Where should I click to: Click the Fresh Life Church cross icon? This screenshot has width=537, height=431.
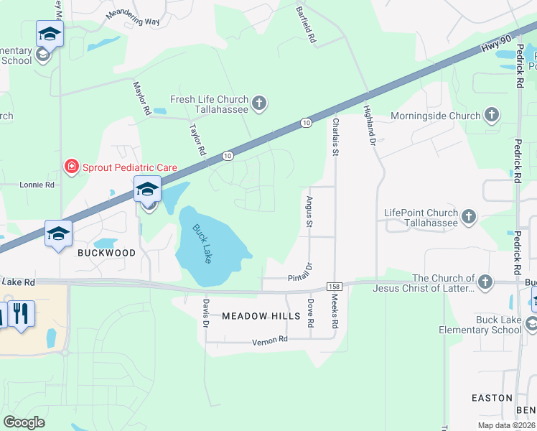pos(259,104)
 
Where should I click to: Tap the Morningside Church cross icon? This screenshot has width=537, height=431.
pos(492,115)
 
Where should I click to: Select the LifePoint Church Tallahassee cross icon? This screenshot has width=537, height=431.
pos(469,216)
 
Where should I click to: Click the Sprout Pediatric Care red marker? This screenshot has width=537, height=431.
pos(72,167)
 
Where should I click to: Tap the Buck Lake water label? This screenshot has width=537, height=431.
pos(202,244)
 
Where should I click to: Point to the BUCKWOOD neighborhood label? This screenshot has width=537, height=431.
pos(106,253)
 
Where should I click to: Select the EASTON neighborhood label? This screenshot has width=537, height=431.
pos(492,397)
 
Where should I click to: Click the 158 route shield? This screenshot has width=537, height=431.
pos(334,287)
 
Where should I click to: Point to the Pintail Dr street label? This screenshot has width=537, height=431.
pos(302,272)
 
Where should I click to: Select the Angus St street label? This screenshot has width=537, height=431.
pos(309,212)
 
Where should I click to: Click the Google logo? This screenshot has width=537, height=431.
pos(24,422)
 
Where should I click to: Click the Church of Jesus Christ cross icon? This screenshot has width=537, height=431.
pos(485,282)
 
